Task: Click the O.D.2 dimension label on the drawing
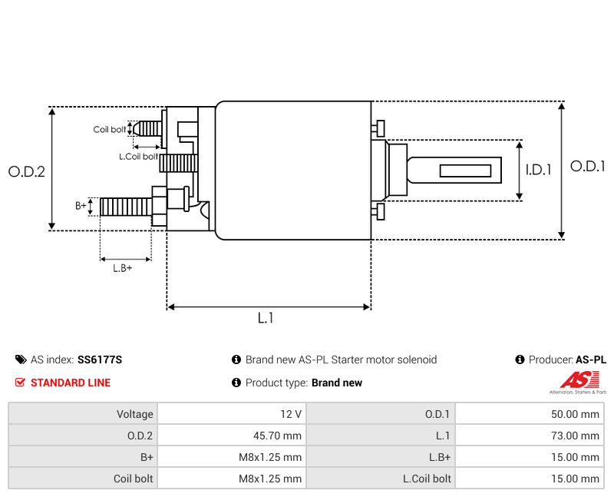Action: pos(27,172)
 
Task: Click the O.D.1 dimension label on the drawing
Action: pos(588,166)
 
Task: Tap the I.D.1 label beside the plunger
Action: pos(539,171)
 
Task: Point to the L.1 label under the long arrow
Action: pos(266,318)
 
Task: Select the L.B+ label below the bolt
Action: pos(122,268)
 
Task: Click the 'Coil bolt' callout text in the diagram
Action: pos(109,130)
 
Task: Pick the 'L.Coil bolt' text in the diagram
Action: pos(138,157)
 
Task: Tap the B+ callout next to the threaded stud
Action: pos(81,206)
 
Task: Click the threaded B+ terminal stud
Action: pos(124,207)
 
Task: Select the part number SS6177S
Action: pos(100,359)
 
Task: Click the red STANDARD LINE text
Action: pos(70,383)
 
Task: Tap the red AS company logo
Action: pos(575,379)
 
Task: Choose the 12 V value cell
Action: pos(291,414)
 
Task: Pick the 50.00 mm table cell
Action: pos(575,414)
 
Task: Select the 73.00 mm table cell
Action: pos(575,436)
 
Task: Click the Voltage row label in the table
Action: pos(135,414)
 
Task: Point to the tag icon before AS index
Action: pos(21,359)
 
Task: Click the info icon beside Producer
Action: pos(520,359)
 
